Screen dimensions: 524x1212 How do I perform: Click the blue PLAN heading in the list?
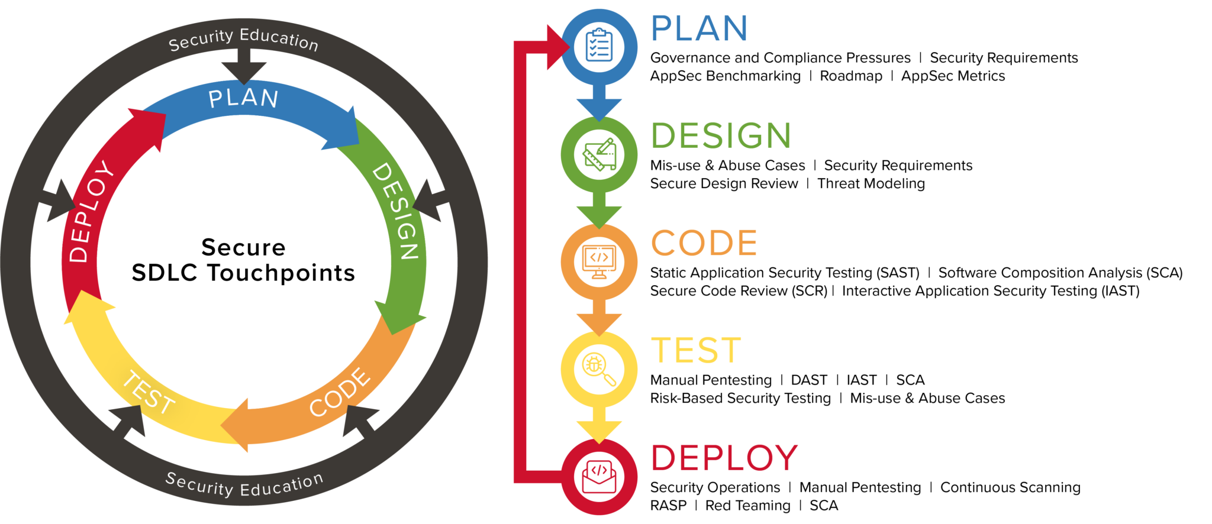tap(700, 28)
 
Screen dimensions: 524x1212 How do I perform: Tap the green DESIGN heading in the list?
tap(721, 135)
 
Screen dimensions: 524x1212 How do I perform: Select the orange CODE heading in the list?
tap(704, 243)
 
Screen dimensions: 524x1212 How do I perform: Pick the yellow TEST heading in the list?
tap(696, 351)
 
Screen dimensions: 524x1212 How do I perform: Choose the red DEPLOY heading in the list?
tap(724, 458)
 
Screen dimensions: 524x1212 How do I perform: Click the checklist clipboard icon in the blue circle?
tap(599, 46)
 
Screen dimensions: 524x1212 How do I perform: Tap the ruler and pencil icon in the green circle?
tap(599, 154)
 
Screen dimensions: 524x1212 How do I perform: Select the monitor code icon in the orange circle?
tap(599, 261)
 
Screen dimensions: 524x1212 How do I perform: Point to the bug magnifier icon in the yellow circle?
tap(599, 369)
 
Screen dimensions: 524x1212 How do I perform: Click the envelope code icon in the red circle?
tap(599, 477)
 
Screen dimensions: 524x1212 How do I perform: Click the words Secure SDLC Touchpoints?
tap(243, 260)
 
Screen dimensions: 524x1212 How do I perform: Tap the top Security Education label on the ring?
tap(243, 39)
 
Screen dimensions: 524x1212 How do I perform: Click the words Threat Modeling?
tap(871, 183)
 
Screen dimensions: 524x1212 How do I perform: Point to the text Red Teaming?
tap(747, 506)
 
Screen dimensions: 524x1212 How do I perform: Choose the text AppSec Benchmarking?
tap(725, 76)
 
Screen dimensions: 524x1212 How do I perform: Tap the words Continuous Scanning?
tap(1010, 487)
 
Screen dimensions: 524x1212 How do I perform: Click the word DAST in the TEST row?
tap(809, 380)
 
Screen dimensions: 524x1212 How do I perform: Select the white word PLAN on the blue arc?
tap(243, 98)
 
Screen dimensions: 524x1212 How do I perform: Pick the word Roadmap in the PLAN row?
tap(851, 76)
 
